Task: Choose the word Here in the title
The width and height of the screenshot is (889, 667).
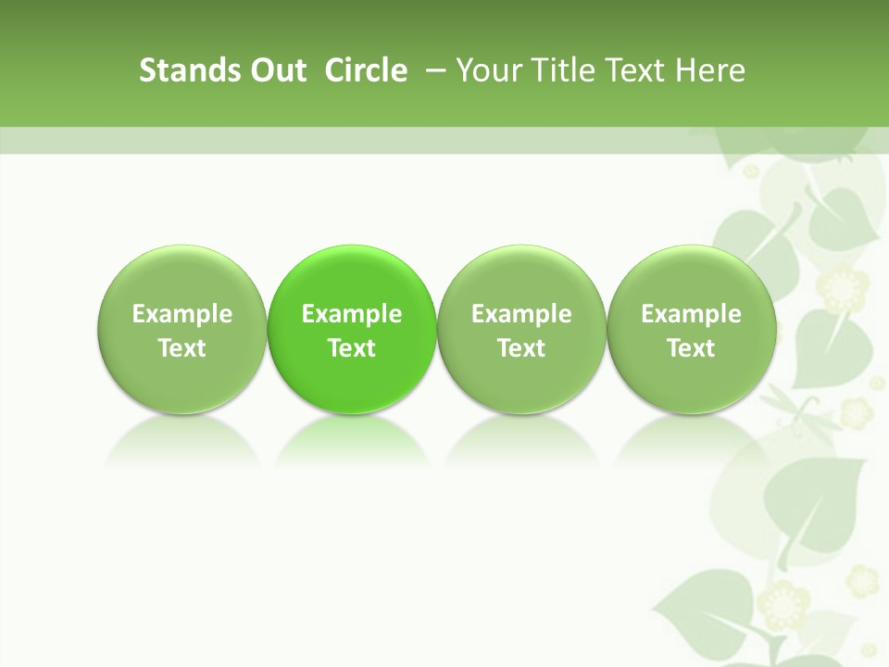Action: [710, 70]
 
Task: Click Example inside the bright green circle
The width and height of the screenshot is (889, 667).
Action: [352, 315]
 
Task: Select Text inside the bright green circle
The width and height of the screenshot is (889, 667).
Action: [352, 348]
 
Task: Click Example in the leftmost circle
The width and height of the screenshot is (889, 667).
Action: [182, 315]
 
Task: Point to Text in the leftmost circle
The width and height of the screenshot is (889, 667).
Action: [182, 348]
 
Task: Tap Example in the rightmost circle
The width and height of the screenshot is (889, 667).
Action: [691, 315]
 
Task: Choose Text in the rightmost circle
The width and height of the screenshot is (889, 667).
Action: [691, 348]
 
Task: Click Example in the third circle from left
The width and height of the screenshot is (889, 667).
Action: [521, 315]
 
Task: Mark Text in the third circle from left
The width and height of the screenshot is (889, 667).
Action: [521, 348]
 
